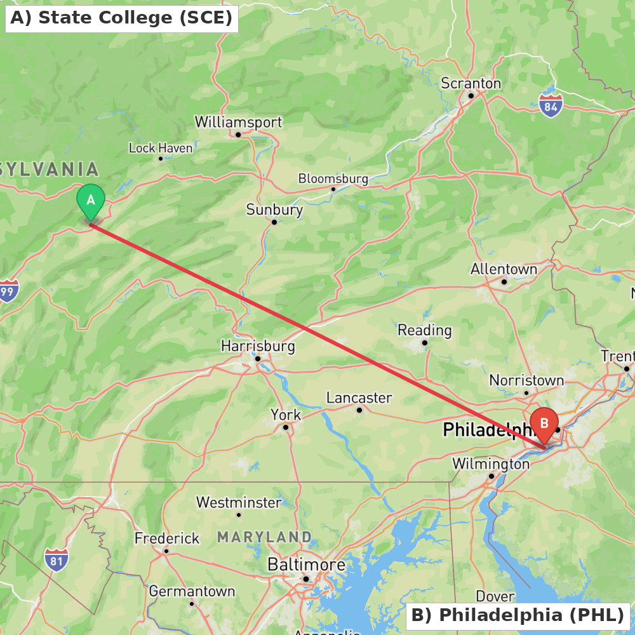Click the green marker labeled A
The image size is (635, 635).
(91, 201)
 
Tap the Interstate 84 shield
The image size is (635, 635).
(551, 107)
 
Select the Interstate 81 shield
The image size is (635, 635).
(57, 560)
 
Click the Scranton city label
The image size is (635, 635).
(471, 84)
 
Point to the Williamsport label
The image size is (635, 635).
(238, 122)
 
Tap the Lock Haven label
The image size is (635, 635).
(161, 148)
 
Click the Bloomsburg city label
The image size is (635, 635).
(333, 178)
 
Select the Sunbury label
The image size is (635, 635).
(274, 210)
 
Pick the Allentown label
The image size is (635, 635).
(504, 269)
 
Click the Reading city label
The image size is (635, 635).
(424, 330)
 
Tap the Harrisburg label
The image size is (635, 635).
(258, 346)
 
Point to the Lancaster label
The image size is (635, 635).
(359, 398)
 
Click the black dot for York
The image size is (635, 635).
(286, 427)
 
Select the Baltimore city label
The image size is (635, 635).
(306, 565)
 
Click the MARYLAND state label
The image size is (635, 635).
(264, 537)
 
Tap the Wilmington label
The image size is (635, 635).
(490, 464)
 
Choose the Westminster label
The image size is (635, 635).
(238, 503)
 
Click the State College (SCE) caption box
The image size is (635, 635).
(121, 18)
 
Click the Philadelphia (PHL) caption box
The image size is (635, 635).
(518, 615)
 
